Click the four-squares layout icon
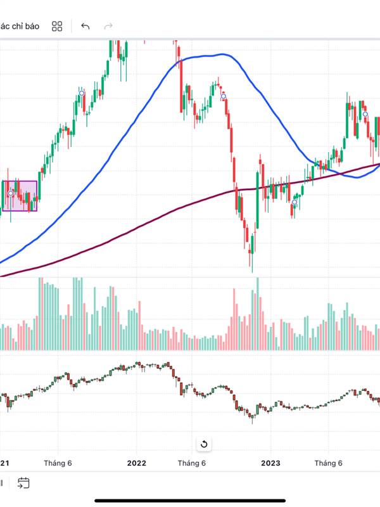[x=57, y=26]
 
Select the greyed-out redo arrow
[x=108, y=26]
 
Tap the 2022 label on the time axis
[x=136, y=463]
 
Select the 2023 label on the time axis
[x=270, y=463]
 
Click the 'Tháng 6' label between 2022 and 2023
[x=192, y=463]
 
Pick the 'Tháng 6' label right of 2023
[x=329, y=463]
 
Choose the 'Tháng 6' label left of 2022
[x=58, y=463]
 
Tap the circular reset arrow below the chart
[x=204, y=444]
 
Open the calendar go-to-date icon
[x=23, y=483]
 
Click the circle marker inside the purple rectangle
[x=10, y=193]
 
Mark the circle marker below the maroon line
[x=294, y=203]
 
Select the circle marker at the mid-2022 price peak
[x=223, y=96]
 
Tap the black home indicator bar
[x=190, y=501]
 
